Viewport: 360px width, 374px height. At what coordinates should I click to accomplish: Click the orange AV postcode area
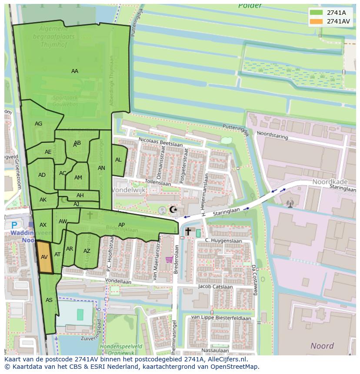(44, 257)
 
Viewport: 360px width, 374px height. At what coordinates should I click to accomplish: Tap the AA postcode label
(75, 71)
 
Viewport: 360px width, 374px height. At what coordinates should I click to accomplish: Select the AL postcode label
(118, 160)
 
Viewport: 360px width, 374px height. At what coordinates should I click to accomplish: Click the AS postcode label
(49, 300)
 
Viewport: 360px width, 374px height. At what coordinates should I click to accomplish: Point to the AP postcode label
(122, 225)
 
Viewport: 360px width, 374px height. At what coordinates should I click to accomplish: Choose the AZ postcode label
(87, 251)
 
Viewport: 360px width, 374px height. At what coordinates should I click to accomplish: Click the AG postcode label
(39, 124)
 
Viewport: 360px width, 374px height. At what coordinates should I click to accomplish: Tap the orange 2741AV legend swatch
(317, 21)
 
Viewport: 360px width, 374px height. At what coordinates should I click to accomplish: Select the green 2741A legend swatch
(317, 13)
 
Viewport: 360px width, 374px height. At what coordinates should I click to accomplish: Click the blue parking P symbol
(14, 225)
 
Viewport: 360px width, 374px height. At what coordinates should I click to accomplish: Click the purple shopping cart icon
(169, 260)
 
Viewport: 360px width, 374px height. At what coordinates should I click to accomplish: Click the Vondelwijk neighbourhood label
(129, 190)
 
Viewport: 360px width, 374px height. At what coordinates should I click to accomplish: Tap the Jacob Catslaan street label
(213, 287)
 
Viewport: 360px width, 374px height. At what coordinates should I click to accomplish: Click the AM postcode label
(78, 178)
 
